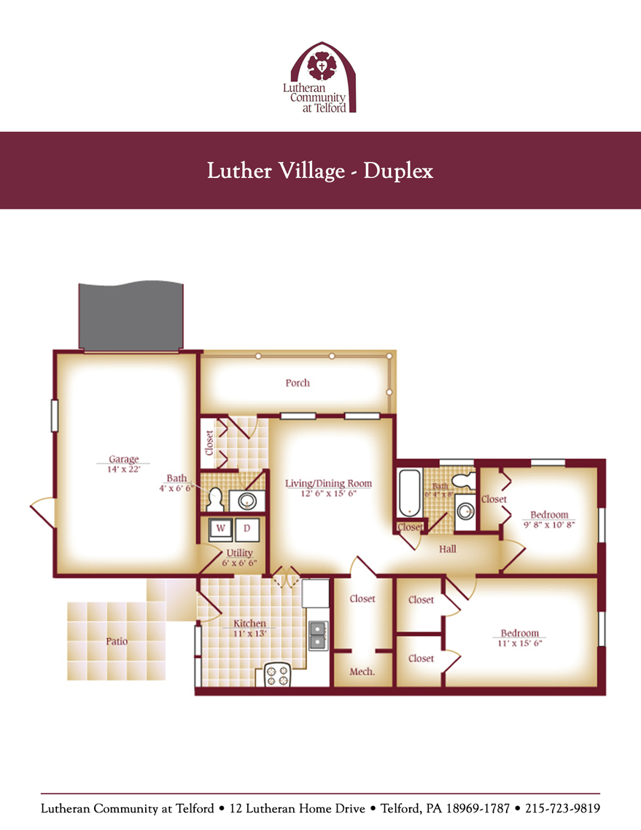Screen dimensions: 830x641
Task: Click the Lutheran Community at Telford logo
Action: pyautogui.click(x=319, y=77)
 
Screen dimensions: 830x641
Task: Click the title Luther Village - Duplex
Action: pyautogui.click(x=320, y=171)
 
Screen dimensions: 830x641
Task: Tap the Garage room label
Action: pyautogui.click(x=124, y=459)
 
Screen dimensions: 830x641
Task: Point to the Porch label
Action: pyautogui.click(x=298, y=383)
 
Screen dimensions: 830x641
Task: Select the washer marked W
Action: pyautogui.click(x=219, y=528)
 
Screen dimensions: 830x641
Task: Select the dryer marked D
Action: pyautogui.click(x=246, y=528)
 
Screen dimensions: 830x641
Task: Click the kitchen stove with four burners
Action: pyautogui.click(x=277, y=675)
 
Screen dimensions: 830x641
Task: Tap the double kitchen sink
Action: pyautogui.click(x=318, y=635)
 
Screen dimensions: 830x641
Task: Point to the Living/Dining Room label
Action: pyautogui.click(x=328, y=483)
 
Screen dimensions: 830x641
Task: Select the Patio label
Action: pyautogui.click(x=116, y=642)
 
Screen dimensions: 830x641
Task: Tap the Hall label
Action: pyautogui.click(x=448, y=548)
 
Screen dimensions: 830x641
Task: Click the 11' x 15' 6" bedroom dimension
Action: pyautogui.click(x=519, y=643)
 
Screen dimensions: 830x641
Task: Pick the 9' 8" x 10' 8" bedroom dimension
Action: pyautogui.click(x=549, y=524)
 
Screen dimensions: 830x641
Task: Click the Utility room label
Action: pyautogui.click(x=239, y=554)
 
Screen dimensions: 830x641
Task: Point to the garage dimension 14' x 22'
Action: pyautogui.click(x=124, y=470)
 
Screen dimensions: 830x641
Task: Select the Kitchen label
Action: pyautogui.click(x=249, y=624)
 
